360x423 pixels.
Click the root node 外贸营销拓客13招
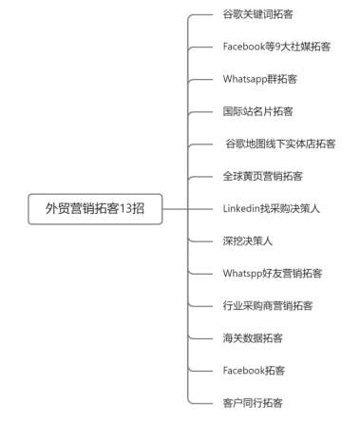click(93, 208)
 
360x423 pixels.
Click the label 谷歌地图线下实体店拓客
click(279, 144)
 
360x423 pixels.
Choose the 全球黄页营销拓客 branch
click(262, 177)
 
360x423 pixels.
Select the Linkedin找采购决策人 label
click(271, 208)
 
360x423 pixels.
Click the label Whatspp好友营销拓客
click(272, 273)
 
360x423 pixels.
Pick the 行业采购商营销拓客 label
click(268, 305)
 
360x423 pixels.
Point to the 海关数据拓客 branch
click(252, 337)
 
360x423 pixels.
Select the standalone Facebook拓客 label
click(254, 370)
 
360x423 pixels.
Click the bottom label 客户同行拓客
click(252, 402)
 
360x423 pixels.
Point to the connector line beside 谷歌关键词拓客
click(201, 15)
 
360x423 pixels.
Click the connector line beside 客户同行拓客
click(201, 402)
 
